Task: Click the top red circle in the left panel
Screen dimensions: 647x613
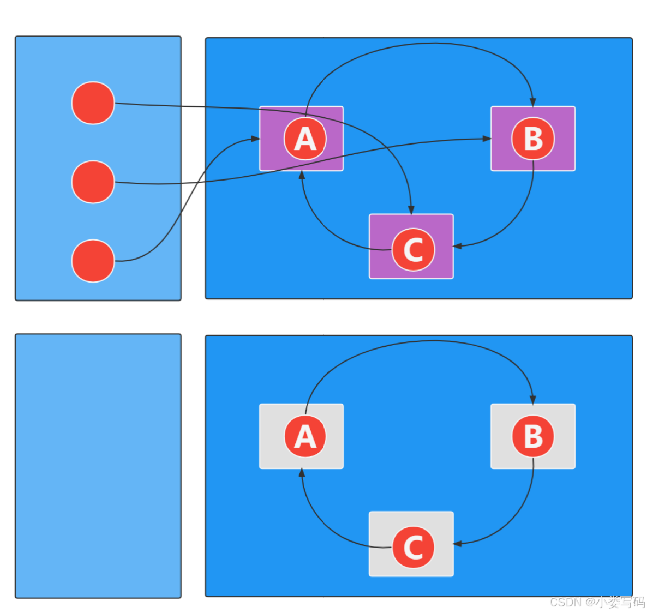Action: click(93, 103)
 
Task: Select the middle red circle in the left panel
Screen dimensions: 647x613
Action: click(93, 182)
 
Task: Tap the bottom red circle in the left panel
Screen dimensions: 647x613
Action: click(93, 261)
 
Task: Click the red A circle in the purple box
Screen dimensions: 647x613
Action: click(305, 139)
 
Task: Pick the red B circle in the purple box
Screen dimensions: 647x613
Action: click(533, 139)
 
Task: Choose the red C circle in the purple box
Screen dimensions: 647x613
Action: click(414, 250)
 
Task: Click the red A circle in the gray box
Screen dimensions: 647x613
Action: click(305, 436)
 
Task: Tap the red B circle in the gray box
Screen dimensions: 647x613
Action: click(533, 436)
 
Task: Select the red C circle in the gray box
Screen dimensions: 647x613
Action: click(414, 547)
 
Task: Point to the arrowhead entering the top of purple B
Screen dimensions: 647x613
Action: click(532, 103)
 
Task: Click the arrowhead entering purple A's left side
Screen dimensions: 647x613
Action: click(255, 139)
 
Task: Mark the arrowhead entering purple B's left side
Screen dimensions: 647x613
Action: click(487, 139)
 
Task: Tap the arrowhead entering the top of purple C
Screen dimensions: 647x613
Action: click(411, 210)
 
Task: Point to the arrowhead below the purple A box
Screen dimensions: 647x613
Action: click(302, 175)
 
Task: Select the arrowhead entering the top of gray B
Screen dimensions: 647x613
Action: click(532, 400)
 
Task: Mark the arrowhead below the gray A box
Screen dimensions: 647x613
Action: click(302, 473)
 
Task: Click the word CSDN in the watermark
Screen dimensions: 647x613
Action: click(565, 602)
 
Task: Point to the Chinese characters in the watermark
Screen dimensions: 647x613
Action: click(620, 602)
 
